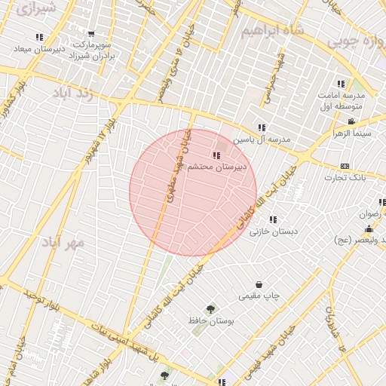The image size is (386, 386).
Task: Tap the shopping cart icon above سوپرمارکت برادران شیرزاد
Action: pos(91,34)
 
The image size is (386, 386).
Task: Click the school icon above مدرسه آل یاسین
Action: pos(262,127)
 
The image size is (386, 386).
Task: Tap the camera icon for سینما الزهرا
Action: pos(351,121)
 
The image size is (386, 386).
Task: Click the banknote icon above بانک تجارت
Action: pos(345,166)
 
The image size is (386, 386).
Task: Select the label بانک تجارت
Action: pos(345,177)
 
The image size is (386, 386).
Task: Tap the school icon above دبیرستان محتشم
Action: pos(216,156)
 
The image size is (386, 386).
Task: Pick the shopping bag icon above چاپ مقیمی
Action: pos(260,285)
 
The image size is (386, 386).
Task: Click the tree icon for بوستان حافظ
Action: pos(211,308)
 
